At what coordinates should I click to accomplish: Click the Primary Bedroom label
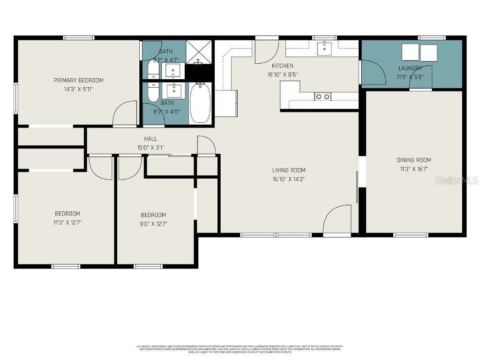click(x=78, y=80)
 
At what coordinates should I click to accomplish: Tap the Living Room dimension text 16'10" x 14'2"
click(x=289, y=179)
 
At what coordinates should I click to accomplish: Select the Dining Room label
click(x=414, y=160)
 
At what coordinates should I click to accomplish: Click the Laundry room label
click(x=410, y=68)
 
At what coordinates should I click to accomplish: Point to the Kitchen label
click(x=283, y=66)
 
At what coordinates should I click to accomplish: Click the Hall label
click(x=150, y=139)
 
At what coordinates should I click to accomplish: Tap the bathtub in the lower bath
click(x=200, y=103)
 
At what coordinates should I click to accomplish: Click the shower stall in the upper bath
click(x=199, y=52)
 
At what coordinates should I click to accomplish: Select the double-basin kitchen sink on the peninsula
click(x=322, y=97)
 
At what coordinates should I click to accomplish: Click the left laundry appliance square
click(x=410, y=52)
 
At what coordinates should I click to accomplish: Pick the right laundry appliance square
click(x=428, y=52)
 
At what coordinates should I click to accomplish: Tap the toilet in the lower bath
click(x=153, y=92)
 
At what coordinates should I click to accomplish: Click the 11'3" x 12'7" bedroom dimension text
click(x=67, y=223)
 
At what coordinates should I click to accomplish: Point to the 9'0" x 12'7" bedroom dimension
click(x=153, y=224)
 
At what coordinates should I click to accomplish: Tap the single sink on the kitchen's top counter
click(x=324, y=48)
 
